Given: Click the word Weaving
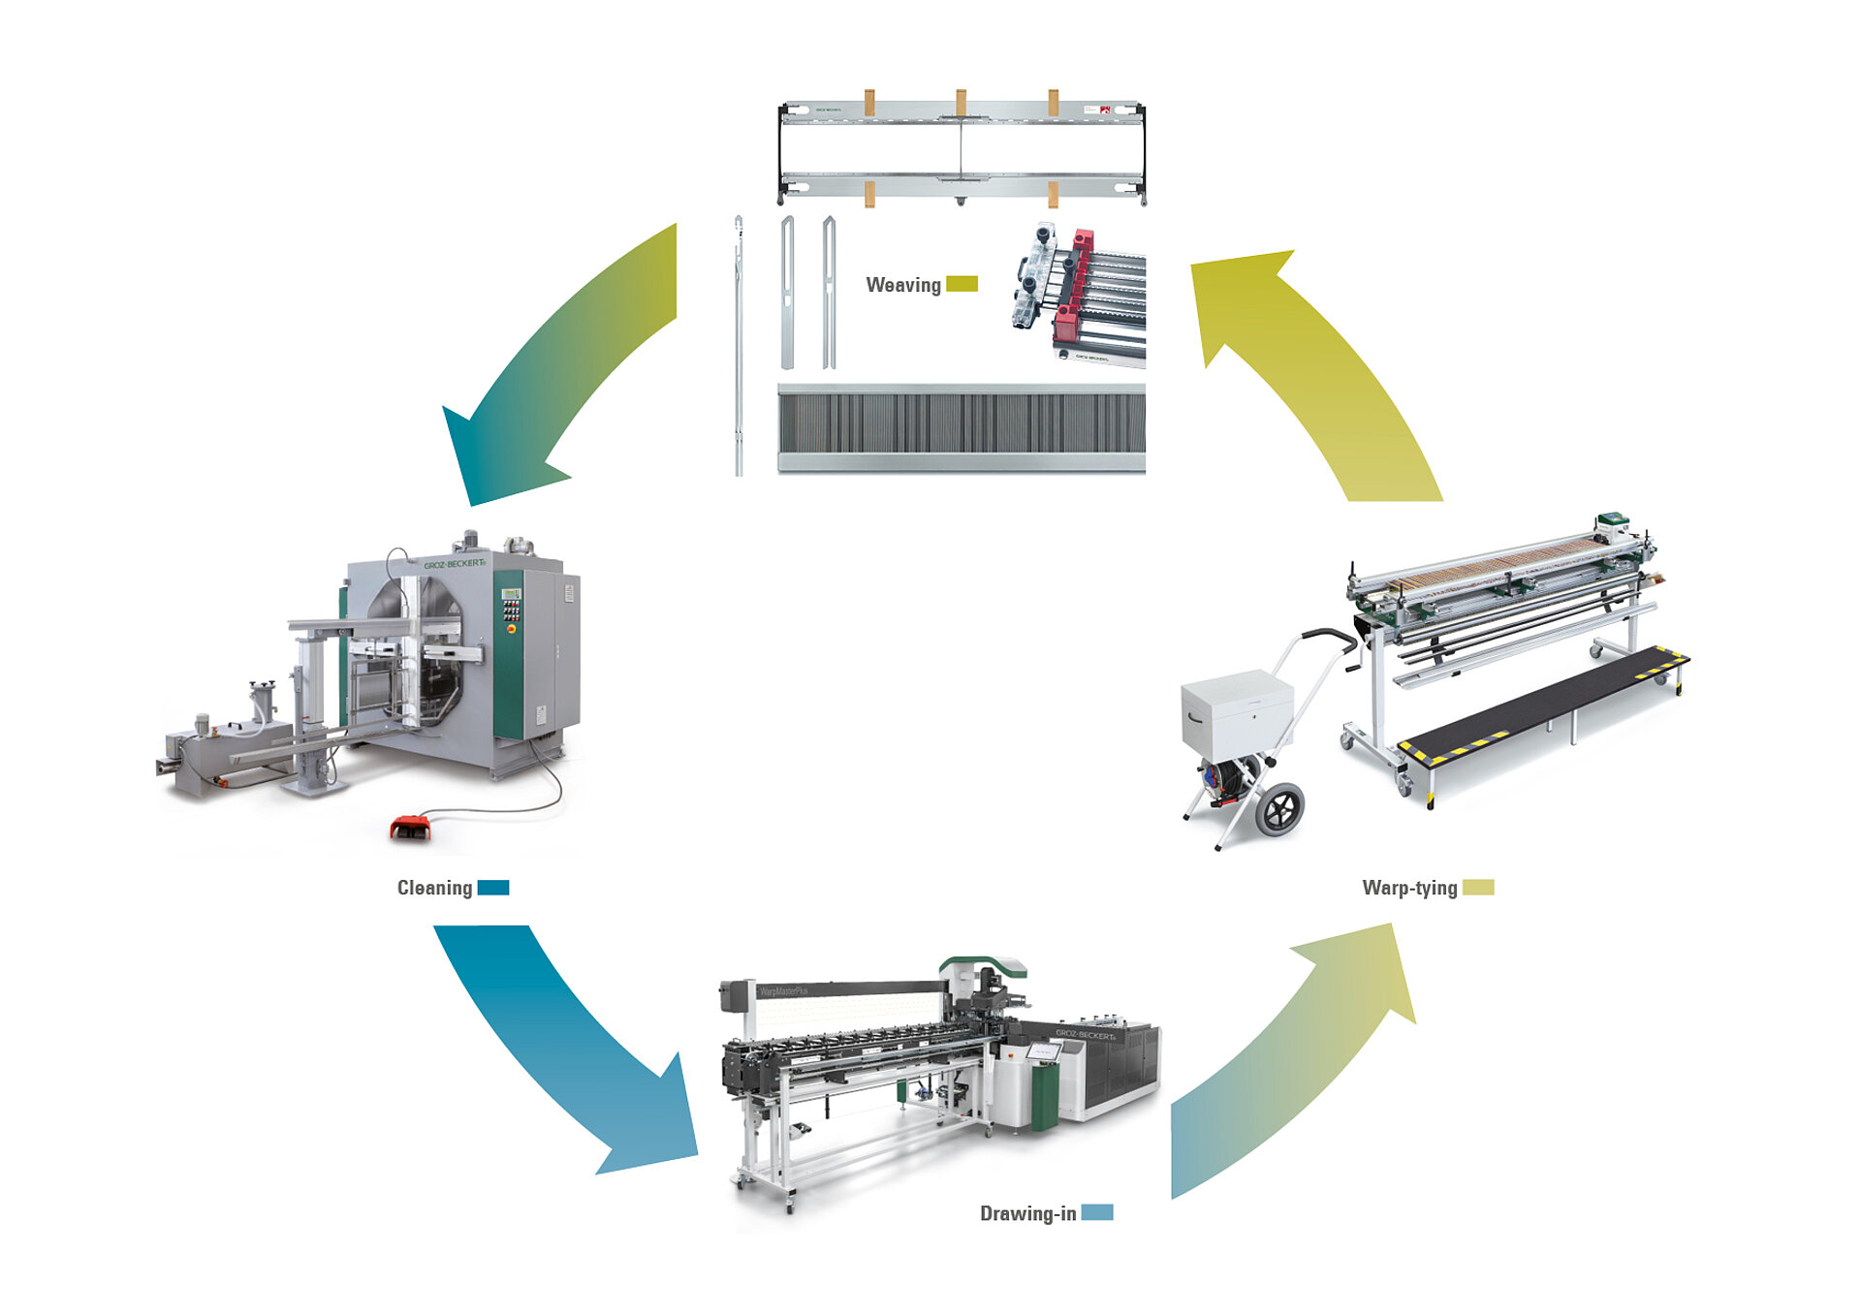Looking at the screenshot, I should point(902,285).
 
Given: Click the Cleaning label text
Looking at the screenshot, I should point(434,888).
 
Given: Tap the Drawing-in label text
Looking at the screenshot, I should point(1027,1213).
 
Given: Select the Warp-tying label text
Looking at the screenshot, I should point(1409,888).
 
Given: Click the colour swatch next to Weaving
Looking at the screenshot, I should point(962,284).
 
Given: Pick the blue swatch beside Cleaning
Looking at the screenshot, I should point(493,888).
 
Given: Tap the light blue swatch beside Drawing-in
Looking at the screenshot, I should point(1097,1212).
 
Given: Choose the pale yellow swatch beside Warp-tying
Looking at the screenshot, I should point(1478,887).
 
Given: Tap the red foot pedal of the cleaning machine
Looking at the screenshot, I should point(411,827).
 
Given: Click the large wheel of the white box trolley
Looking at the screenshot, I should point(1279,809).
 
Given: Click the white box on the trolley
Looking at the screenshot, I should point(1237,714).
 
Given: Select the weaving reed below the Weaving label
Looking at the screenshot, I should point(961,427).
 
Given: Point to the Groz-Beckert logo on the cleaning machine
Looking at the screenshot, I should point(454,563).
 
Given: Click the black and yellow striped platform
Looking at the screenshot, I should point(1541,706).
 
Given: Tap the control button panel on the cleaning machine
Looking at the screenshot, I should point(510,610).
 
